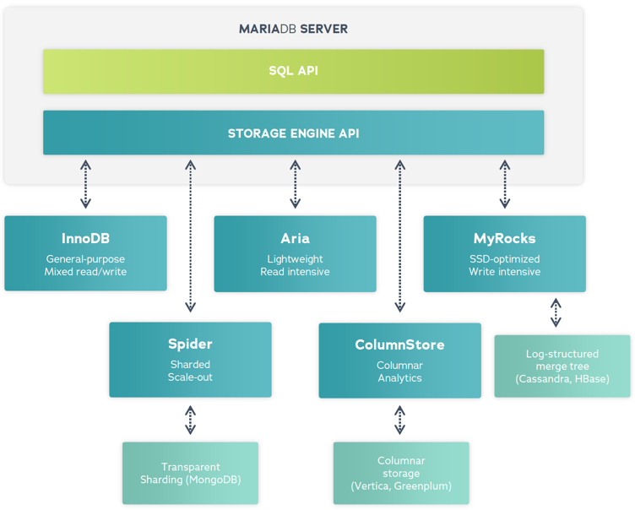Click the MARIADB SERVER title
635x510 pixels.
click(293, 29)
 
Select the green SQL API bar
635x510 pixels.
click(293, 71)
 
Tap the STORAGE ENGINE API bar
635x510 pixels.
click(293, 133)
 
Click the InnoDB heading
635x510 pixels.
click(85, 239)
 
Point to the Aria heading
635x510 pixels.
click(295, 239)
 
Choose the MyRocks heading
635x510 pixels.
click(504, 239)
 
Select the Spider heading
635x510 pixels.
click(190, 345)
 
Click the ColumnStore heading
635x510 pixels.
click(399, 345)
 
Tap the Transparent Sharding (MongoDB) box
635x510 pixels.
click(190, 473)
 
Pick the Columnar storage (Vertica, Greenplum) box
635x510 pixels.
click(400, 473)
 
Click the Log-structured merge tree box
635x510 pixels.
click(562, 366)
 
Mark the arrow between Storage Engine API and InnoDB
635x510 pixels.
click(85, 184)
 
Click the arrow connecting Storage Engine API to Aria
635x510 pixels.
click(295, 184)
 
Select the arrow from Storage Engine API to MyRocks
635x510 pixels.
click(504, 184)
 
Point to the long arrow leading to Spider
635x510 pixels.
click(190, 236)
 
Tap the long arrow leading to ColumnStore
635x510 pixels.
click(399, 236)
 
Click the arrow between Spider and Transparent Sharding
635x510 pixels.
click(190, 420)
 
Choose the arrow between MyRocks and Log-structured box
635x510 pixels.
click(556, 312)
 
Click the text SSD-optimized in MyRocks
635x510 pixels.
click(504, 259)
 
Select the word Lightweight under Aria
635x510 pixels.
click(295, 259)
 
